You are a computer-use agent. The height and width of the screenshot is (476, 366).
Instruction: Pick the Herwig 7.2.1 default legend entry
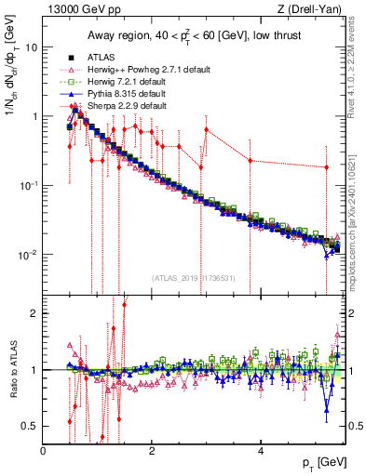pyautogui.click(x=125, y=82)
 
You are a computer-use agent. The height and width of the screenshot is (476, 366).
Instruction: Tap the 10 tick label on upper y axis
pyautogui.click(x=31, y=46)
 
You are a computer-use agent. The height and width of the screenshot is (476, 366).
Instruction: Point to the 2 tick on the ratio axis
pyautogui.click(x=34, y=312)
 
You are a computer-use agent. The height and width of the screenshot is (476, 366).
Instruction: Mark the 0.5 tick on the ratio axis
pyautogui.click(x=31, y=426)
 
